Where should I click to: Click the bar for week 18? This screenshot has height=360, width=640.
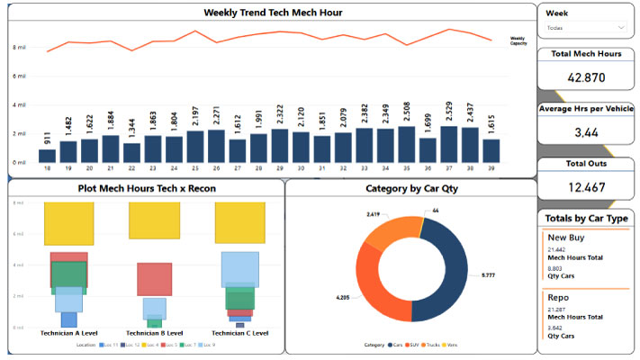(47, 156)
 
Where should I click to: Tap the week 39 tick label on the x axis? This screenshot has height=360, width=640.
(491, 168)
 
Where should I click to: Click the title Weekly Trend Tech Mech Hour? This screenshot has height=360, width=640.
(273, 13)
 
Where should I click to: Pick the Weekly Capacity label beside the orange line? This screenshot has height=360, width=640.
(518, 41)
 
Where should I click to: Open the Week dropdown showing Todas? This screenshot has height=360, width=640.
(585, 29)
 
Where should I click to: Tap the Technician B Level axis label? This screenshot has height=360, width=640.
(154, 332)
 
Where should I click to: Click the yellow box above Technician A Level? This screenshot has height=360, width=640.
(68, 223)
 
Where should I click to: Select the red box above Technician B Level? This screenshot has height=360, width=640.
(154, 279)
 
